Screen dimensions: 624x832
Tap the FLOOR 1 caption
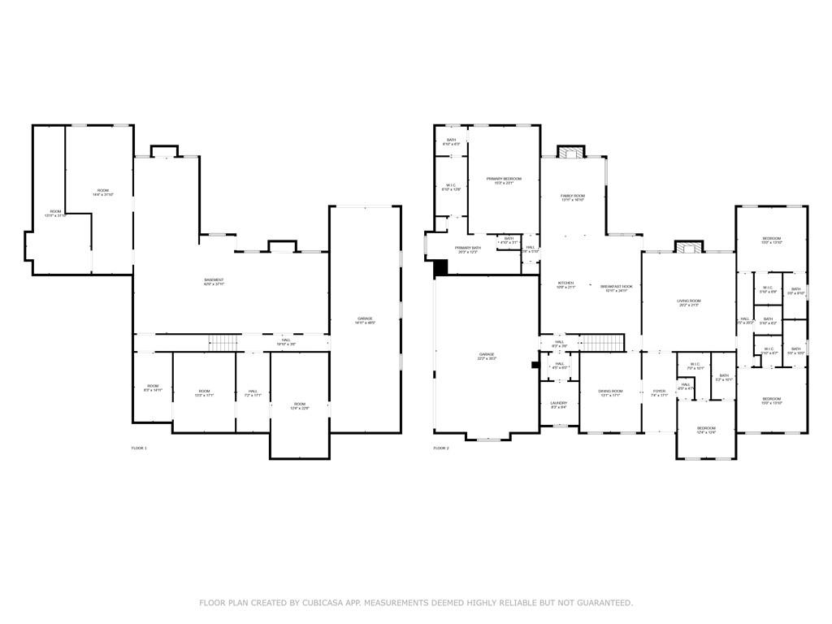(x=139, y=448)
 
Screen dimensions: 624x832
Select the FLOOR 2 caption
(x=440, y=448)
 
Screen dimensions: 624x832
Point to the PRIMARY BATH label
(x=468, y=249)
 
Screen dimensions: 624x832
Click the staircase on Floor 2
(x=603, y=342)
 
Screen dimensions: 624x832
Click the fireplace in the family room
(x=572, y=152)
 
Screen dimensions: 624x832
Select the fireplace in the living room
(x=689, y=247)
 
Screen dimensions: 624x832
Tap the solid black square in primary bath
(x=440, y=267)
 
